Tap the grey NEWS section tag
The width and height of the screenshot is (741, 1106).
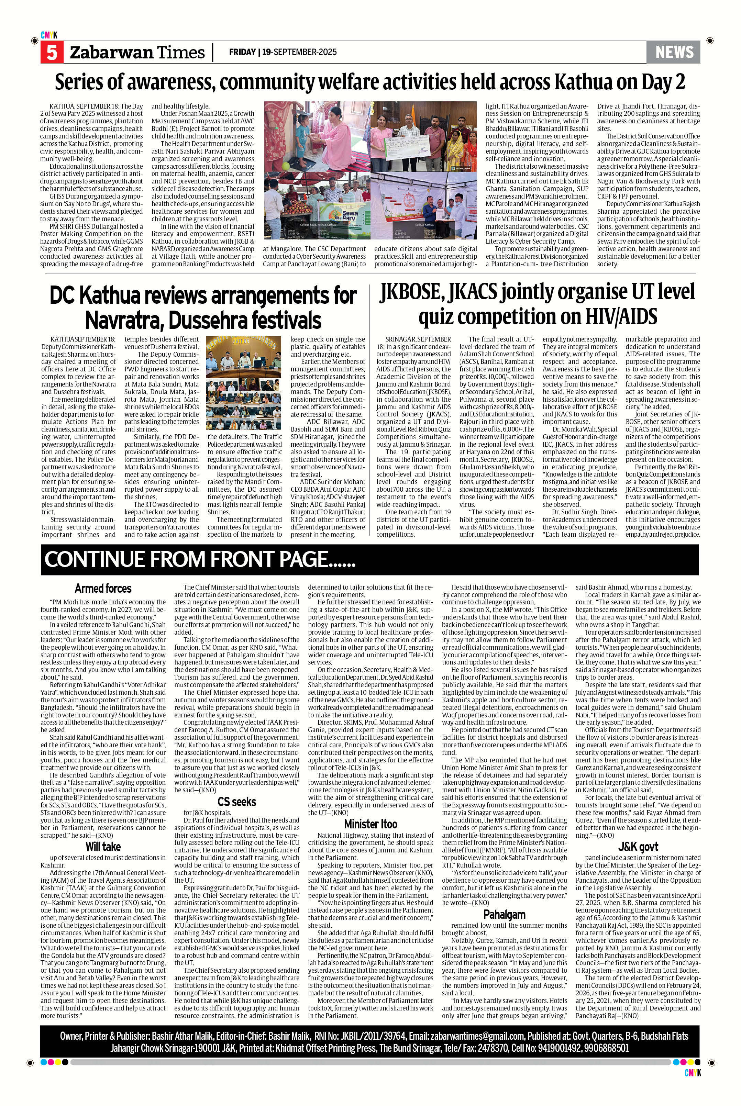[673, 52]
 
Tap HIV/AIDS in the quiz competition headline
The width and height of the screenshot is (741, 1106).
[610, 316]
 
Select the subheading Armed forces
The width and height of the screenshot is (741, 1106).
[103, 588]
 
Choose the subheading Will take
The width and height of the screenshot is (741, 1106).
[103, 846]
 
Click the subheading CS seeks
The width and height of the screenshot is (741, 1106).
[237, 801]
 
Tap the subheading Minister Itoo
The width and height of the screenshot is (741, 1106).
[370, 824]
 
